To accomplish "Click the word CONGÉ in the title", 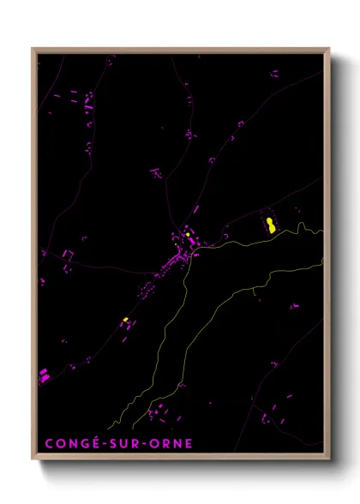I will click(x=69, y=444).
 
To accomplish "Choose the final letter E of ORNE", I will click(x=189, y=444).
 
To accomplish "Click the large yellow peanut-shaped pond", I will click(x=271, y=225).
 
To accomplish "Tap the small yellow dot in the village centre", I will click(x=187, y=233).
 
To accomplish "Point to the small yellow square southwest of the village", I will click(x=126, y=320).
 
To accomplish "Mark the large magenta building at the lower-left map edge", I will click(x=44, y=375).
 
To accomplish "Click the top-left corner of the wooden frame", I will click(x=33, y=49).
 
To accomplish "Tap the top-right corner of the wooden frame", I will click(x=329, y=49).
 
